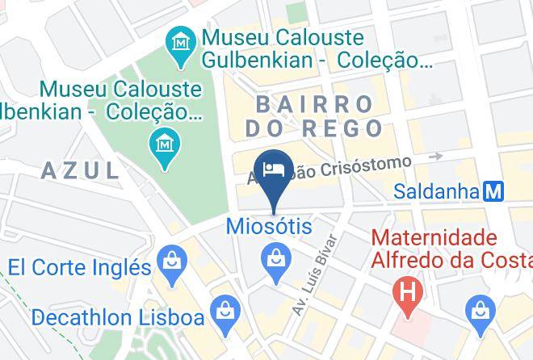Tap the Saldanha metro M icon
click(494, 191)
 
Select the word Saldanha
click(436, 191)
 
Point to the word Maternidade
click(432, 238)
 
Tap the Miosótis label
click(269, 226)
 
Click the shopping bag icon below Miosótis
click(275, 259)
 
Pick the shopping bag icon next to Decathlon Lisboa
click(222, 309)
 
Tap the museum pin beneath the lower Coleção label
click(165, 145)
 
